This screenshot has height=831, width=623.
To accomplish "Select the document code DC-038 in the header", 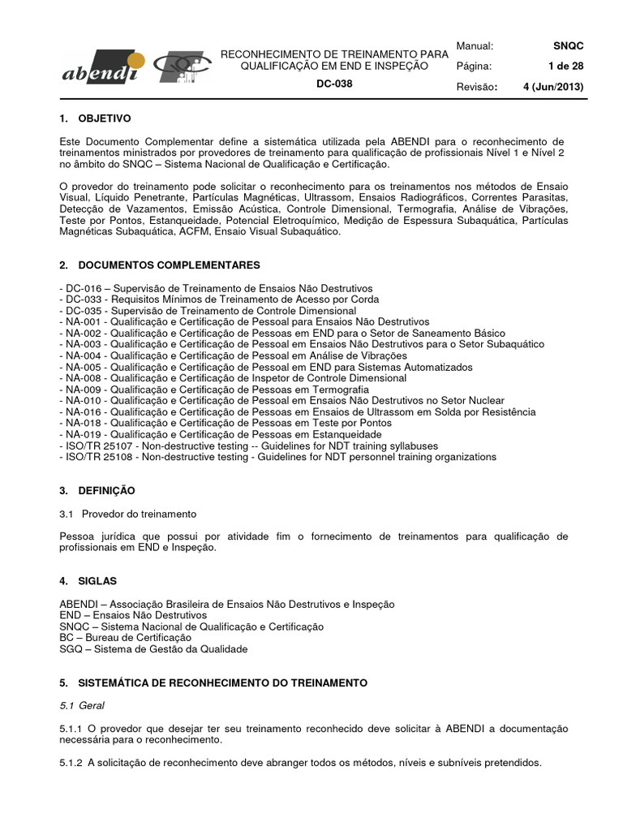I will (334, 84).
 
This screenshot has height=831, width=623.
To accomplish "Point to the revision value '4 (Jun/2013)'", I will (553, 87).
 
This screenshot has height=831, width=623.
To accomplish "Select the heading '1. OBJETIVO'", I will (95, 118).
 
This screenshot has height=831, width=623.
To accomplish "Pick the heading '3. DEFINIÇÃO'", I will (97, 491).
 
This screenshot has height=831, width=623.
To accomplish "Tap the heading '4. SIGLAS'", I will (88, 581).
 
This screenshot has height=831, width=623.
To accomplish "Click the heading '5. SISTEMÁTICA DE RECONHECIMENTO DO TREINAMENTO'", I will (213, 683).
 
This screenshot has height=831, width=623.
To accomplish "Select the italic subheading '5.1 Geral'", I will (82, 705).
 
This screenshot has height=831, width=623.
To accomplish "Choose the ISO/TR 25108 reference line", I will (277, 457).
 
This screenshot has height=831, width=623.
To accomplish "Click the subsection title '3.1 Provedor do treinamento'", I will (128, 514).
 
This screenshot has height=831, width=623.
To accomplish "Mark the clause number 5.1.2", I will (72, 762).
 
